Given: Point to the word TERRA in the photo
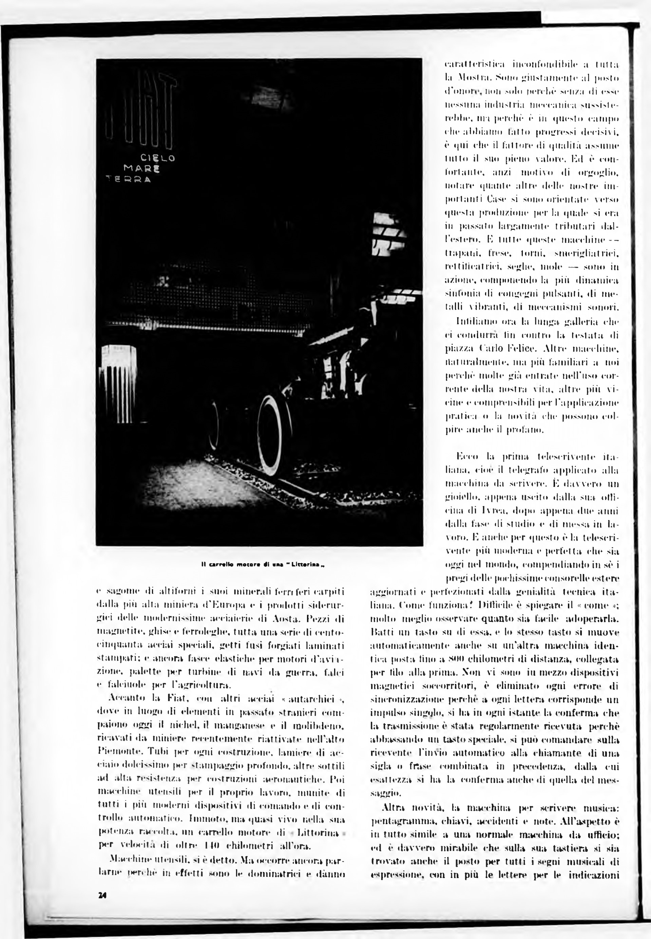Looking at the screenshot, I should click(128, 179).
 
